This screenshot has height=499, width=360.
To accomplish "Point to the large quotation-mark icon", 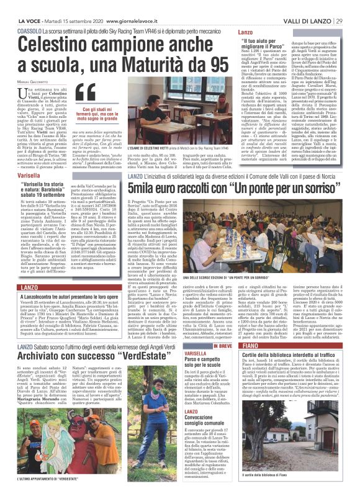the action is pos(92,94).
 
